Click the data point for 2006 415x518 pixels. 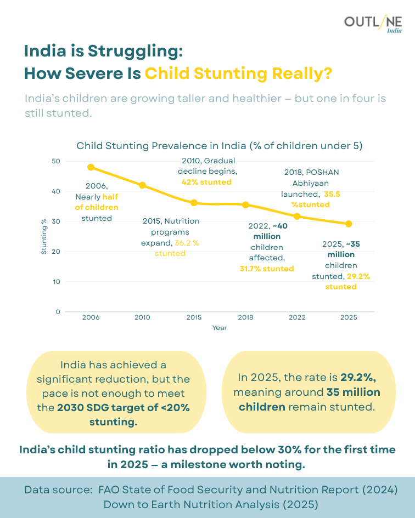pos(91,167)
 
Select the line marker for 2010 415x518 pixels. pos(142,185)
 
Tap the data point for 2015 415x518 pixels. pos(194,203)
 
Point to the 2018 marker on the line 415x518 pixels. pos(245,205)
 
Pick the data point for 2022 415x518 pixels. pos(297,216)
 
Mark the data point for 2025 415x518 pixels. pos(349,224)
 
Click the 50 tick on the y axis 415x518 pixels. pos(56,161)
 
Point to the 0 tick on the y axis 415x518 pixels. pos(58,311)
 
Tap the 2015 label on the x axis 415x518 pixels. pos(194,317)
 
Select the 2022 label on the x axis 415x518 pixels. pos(297,317)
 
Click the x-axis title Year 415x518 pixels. pos(220,328)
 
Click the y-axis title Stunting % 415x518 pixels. pos(44,236)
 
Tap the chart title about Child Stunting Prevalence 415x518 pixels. pos(219,146)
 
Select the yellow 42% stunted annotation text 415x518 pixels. pos(206,182)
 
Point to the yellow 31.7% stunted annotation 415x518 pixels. pos(267,269)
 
